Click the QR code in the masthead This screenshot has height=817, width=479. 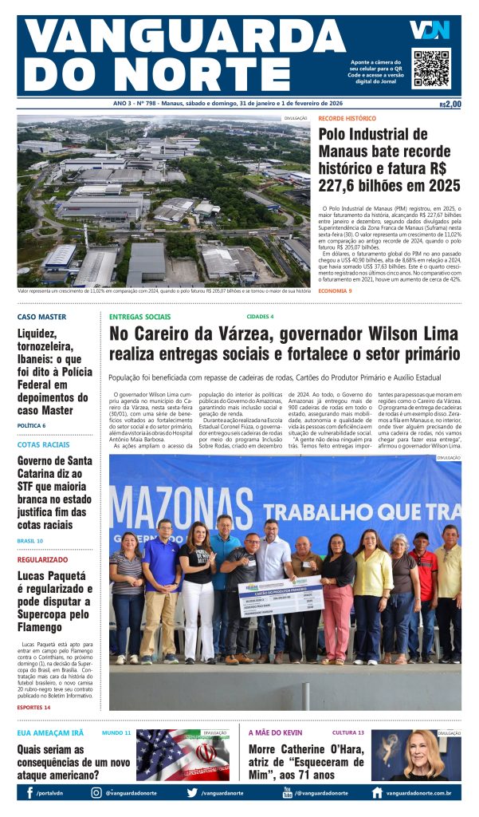point(430,69)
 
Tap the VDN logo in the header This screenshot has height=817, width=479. point(430,30)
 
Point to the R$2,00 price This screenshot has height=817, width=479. point(450,104)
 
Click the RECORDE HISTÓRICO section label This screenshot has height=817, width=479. point(347,119)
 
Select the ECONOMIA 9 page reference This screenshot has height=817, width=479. point(335,290)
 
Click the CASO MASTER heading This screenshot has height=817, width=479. point(41,317)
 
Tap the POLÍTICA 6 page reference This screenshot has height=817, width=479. point(37,425)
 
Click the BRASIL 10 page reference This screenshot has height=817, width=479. point(30,541)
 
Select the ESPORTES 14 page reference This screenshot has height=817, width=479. point(34,707)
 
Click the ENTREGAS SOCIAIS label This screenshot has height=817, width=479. point(139,317)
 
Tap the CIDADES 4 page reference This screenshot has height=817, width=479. point(260,317)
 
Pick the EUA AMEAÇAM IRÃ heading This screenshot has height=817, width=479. point(50,732)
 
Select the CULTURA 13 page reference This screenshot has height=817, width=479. point(348,732)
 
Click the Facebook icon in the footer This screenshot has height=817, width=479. point(29,793)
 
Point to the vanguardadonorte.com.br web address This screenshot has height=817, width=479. point(418,793)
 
